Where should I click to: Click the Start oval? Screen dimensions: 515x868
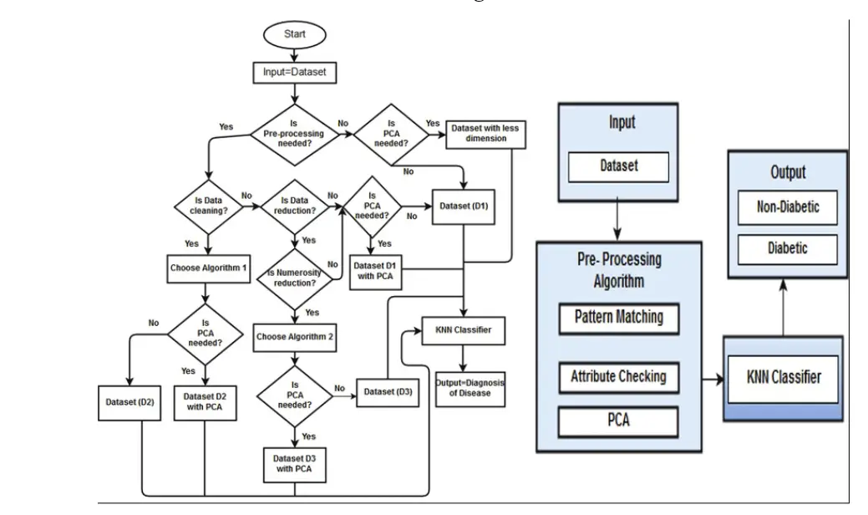(295, 35)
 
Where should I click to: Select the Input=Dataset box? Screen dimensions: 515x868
(295, 73)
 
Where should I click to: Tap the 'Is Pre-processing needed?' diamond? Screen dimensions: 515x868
(294, 131)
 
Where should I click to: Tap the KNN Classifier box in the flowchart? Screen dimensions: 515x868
(464, 329)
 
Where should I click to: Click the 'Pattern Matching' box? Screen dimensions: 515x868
(618, 318)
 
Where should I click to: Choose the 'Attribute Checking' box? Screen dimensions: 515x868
(618, 376)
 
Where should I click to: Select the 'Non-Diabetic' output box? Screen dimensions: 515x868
(786, 208)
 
